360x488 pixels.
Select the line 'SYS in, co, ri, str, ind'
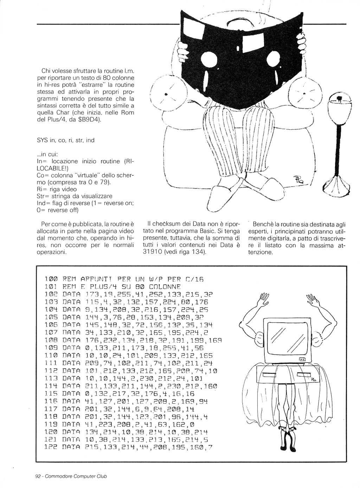(x=65, y=140)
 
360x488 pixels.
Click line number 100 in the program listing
(x=51, y=279)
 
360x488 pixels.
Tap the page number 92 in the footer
(x=38, y=476)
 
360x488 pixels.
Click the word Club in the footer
(x=101, y=476)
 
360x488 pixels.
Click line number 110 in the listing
(x=51, y=355)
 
